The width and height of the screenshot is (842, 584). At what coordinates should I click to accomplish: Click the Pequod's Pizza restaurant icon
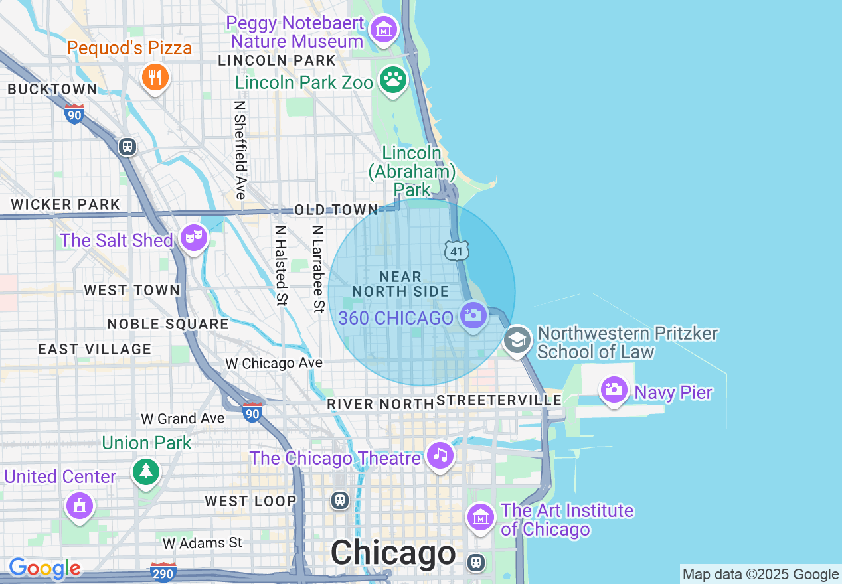[155, 78]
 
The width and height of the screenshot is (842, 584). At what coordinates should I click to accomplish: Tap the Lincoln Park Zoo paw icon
[393, 80]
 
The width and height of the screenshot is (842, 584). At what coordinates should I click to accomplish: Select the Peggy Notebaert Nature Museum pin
[384, 30]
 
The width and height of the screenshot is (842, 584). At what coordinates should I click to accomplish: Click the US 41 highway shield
[457, 250]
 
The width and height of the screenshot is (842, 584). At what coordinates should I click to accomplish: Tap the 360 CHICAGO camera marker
[473, 315]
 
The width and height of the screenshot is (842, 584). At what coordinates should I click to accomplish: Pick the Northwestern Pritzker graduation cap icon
[517, 340]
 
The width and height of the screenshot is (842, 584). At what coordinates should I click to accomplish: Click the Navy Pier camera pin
[614, 390]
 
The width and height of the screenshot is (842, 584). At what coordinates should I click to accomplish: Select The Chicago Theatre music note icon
[440, 455]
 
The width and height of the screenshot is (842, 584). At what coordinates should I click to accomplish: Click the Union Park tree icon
[146, 472]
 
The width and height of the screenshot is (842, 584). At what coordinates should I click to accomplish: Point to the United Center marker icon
[80, 506]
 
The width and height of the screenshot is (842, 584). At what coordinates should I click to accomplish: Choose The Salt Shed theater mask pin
[193, 238]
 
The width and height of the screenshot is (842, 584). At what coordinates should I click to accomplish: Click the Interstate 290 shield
[163, 573]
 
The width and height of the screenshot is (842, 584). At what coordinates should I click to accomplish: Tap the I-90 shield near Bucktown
[74, 114]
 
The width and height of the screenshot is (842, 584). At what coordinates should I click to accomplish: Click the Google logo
[44, 569]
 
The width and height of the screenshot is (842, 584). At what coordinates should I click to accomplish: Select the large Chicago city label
[393, 553]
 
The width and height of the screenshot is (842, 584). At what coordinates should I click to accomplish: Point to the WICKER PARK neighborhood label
[66, 204]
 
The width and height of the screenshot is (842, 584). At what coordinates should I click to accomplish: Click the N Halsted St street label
[281, 265]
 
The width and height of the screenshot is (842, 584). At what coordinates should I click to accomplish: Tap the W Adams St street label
[203, 543]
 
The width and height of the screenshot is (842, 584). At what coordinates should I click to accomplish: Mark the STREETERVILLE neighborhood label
[499, 400]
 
